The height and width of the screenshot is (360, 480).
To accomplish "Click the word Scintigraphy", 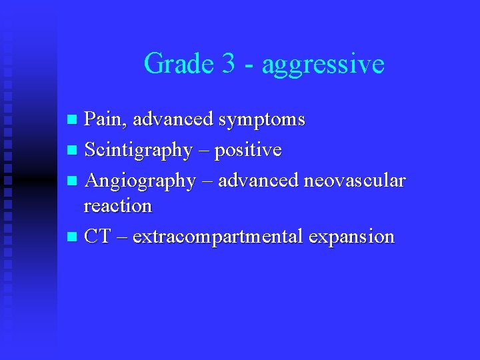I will pyautogui.click(x=138, y=151).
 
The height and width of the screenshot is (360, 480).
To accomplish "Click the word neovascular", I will pyautogui.click(x=354, y=181).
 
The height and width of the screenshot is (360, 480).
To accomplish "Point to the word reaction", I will pyautogui.click(x=117, y=206).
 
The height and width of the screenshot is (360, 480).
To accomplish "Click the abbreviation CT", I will pyautogui.click(x=97, y=236).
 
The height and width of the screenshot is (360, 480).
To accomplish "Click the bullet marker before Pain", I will pyautogui.click(x=73, y=121).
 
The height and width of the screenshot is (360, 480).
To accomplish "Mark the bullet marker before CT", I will pyautogui.click(x=73, y=237).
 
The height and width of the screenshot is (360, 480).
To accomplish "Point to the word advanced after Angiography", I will pyautogui.click(x=259, y=181).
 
